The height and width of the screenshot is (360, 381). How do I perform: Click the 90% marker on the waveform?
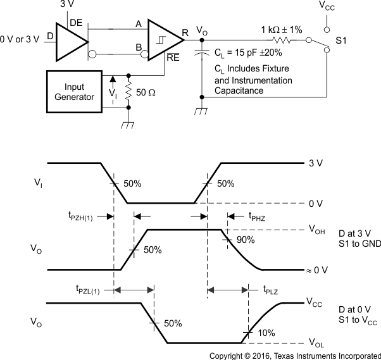tap(246, 240)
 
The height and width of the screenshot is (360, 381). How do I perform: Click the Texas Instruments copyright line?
tap(295, 355)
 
